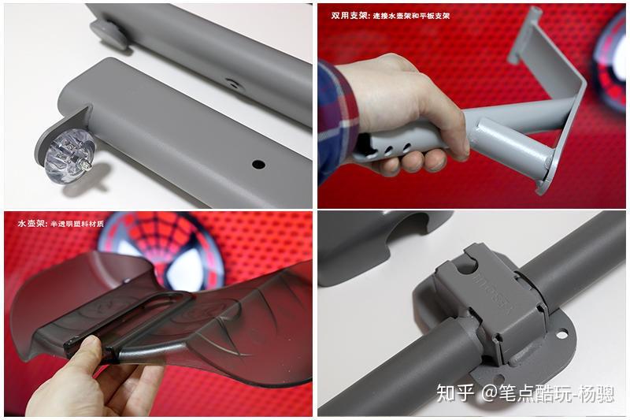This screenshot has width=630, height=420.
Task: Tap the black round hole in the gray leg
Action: pyautogui.click(x=258, y=165)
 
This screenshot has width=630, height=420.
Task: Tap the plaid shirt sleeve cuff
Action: pyautogui.click(x=337, y=118)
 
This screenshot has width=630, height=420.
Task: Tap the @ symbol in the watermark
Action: pyautogui.click(x=490, y=392)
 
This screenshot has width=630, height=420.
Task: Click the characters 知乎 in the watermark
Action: pyautogui.click(x=455, y=392)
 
